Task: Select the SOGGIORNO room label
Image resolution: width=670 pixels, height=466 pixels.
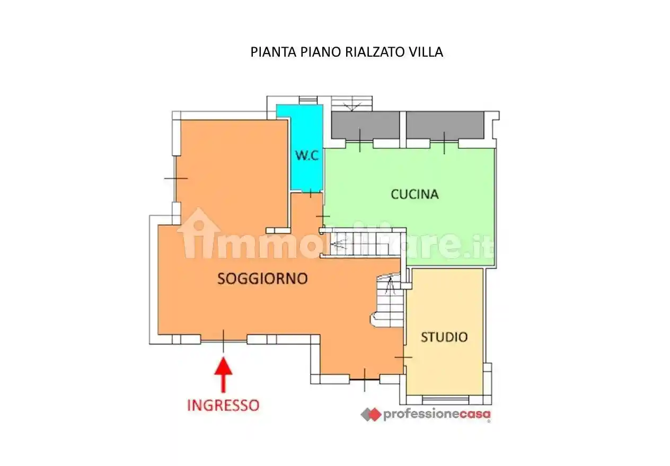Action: (262, 279)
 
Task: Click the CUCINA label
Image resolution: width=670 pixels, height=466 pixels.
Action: (415, 194)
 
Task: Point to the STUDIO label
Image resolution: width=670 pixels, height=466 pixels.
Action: (444, 337)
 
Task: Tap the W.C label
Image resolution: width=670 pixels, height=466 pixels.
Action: (306, 156)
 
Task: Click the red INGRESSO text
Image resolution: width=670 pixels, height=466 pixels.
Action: (223, 406)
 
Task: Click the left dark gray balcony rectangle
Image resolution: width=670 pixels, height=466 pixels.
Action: (365, 126)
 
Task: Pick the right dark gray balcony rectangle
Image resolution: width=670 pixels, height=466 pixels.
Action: (445, 126)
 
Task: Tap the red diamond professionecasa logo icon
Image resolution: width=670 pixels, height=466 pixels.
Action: (371, 415)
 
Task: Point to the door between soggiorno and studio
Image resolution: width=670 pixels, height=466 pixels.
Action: (403, 358)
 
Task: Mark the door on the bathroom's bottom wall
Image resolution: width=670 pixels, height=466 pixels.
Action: (311, 192)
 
